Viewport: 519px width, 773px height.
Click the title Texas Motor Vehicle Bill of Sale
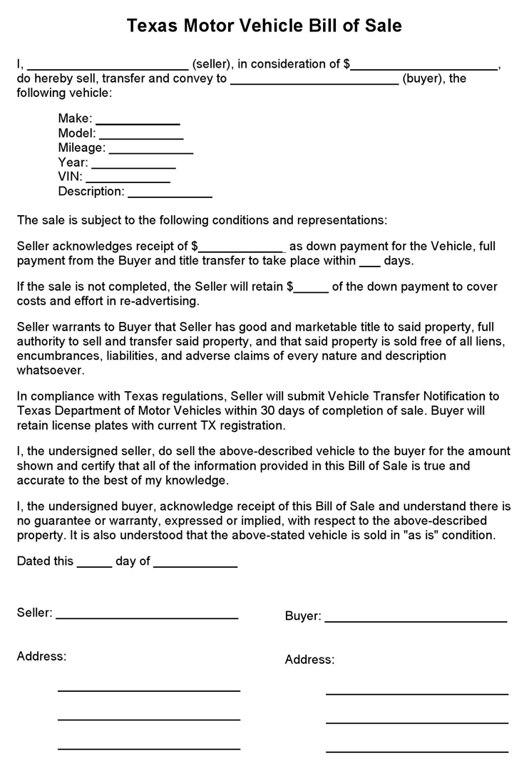pyautogui.click(x=264, y=26)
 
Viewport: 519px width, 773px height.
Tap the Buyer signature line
pyautogui.click(x=416, y=618)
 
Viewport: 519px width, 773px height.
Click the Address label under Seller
pyautogui.click(x=41, y=656)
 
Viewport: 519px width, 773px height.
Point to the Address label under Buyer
pyautogui.click(x=309, y=660)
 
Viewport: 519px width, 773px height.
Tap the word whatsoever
pyautogui.click(x=51, y=370)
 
